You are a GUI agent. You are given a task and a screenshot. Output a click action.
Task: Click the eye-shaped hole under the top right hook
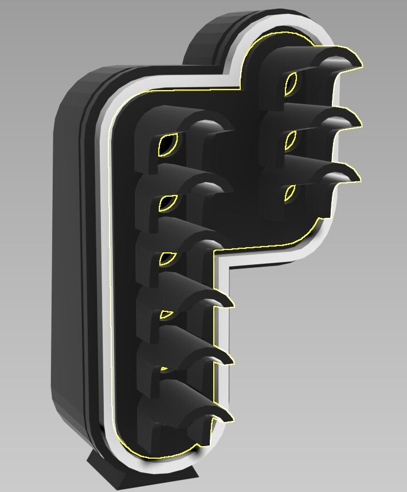point(291,83)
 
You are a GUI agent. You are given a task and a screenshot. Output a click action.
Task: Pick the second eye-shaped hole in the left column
point(167,202)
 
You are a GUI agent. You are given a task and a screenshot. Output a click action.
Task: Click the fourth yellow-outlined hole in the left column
point(166,314)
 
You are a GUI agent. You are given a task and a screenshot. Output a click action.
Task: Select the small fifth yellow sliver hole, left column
point(165,368)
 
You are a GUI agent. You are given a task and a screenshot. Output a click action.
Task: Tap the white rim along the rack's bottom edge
point(161,464)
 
